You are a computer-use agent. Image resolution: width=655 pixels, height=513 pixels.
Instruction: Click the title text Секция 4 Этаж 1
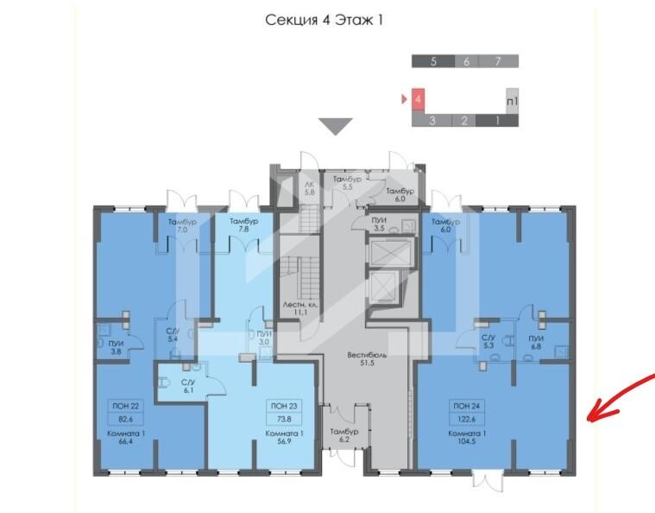click(x=324, y=20)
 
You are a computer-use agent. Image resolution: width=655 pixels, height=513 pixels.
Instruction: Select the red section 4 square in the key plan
click(x=419, y=99)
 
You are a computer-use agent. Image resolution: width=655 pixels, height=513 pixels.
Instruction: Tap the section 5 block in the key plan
click(x=432, y=61)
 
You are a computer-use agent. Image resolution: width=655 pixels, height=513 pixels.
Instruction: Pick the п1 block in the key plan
click(x=512, y=101)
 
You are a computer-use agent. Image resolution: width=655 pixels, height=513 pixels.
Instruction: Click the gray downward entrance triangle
click(x=336, y=126)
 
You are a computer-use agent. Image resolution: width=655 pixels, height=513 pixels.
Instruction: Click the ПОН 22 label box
click(x=125, y=406)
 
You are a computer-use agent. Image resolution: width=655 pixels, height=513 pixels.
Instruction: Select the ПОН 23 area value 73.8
click(x=284, y=419)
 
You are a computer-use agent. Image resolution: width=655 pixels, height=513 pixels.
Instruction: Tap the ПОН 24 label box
click(x=467, y=406)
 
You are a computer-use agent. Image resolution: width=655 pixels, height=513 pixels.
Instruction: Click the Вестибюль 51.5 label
click(x=367, y=359)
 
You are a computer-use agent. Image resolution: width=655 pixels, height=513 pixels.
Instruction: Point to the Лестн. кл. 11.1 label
click(x=300, y=308)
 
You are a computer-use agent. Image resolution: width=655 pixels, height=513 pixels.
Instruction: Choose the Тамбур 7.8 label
click(x=243, y=225)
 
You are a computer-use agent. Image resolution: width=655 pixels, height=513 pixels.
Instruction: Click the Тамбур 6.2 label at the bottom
click(x=343, y=435)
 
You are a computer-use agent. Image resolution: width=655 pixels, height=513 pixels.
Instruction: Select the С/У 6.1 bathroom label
click(x=188, y=386)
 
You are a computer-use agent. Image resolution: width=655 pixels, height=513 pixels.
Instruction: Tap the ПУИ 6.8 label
click(x=536, y=342)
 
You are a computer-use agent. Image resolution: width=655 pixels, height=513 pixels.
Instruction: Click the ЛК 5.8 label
click(x=309, y=188)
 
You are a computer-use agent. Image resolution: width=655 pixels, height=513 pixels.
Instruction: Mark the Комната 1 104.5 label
click(x=467, y=437)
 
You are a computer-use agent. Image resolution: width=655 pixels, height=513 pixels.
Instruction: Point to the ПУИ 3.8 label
click(x=116, y=347)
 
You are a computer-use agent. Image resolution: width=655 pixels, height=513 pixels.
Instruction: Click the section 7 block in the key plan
click(x=498, y=61)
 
